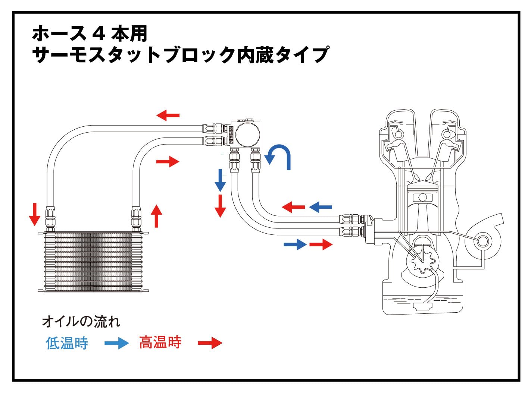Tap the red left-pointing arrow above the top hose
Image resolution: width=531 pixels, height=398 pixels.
[x=168, y=116]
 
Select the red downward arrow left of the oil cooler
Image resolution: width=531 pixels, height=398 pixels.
[x=34, y=214]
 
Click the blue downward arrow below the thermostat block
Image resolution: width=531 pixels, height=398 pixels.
[x=220, y=180]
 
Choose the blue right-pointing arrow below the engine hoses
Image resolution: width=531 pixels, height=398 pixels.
[x=295, y=244]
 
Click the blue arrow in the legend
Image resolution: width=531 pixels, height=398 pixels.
[x=116, y=343]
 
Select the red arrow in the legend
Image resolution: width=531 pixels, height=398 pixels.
[x=210, y=343]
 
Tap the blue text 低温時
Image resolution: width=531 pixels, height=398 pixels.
[x=67, y=343]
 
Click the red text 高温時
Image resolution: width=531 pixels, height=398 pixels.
[x=160, y=342]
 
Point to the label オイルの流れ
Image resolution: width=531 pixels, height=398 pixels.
[x=81, y=321]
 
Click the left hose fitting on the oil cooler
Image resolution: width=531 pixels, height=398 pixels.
[x=50, y=217]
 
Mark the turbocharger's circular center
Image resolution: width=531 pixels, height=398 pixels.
[x=482, y=241]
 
